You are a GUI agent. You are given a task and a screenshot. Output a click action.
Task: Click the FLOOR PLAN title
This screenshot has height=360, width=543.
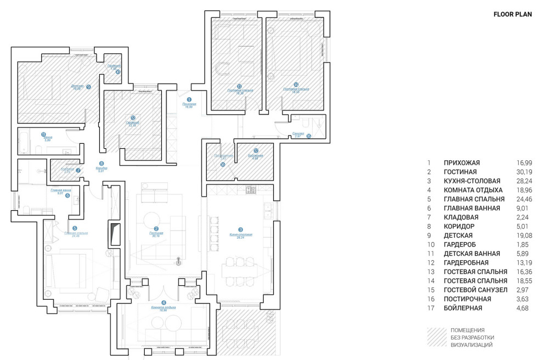(512, 15)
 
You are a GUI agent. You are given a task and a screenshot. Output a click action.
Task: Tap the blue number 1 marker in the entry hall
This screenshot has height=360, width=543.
(189, 99)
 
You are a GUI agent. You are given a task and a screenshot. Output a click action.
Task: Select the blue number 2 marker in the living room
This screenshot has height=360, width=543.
(156, 229)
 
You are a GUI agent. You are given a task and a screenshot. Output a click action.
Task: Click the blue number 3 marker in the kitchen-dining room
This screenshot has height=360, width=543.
(240, 230)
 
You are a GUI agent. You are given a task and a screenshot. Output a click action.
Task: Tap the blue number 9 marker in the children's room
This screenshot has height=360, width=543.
(88, 87)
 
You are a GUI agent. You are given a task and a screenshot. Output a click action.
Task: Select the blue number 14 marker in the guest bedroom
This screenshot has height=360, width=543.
(296, 85)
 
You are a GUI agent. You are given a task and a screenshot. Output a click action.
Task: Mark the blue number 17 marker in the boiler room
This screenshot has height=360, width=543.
(256, 150)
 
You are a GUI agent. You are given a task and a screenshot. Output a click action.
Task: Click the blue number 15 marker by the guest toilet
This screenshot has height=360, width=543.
(309, 136)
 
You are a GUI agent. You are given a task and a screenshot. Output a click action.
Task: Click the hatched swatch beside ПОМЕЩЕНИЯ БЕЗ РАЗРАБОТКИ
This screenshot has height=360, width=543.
(437, 337)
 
